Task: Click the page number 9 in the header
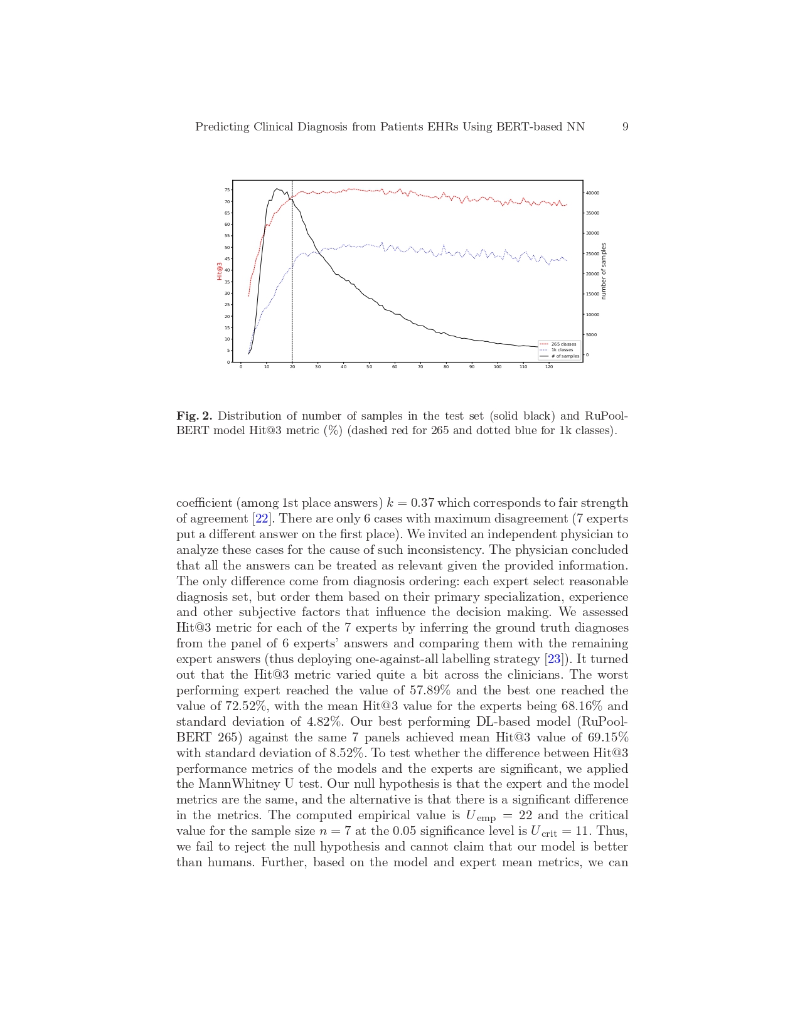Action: point(625,127)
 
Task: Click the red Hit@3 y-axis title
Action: point(220,271)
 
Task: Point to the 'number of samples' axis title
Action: point(604,271)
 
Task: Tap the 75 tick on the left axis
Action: point(227,190)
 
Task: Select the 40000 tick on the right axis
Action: point(593,193)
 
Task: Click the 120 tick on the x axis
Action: point(549,367)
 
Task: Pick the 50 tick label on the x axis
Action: point(369,367)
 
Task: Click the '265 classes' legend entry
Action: point(563,344)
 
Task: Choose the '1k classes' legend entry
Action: point(562,350)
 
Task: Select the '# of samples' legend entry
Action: point(565,356)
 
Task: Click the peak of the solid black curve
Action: point(277,188)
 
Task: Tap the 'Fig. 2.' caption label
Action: point(195,416)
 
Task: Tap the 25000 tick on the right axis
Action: point(593,254)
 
